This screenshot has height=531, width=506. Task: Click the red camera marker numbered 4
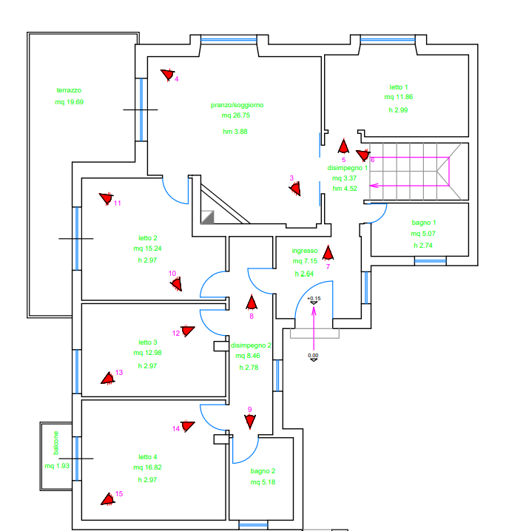coord(168,74)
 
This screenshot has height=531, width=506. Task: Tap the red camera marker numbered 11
coord(106,198)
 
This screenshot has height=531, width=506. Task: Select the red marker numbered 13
coord(108,378)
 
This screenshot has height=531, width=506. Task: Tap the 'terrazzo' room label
coord(68,90)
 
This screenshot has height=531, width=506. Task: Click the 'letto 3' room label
coord(148,342)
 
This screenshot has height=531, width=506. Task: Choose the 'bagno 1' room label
coord(423,223)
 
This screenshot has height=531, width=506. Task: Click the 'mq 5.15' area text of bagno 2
coord(263,483)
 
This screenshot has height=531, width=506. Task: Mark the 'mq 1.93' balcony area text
coord(56,466)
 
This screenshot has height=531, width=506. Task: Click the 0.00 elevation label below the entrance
coord(314,356)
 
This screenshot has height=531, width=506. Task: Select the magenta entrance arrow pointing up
coord(314,325)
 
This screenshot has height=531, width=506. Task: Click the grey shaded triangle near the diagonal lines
coord(209,216)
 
